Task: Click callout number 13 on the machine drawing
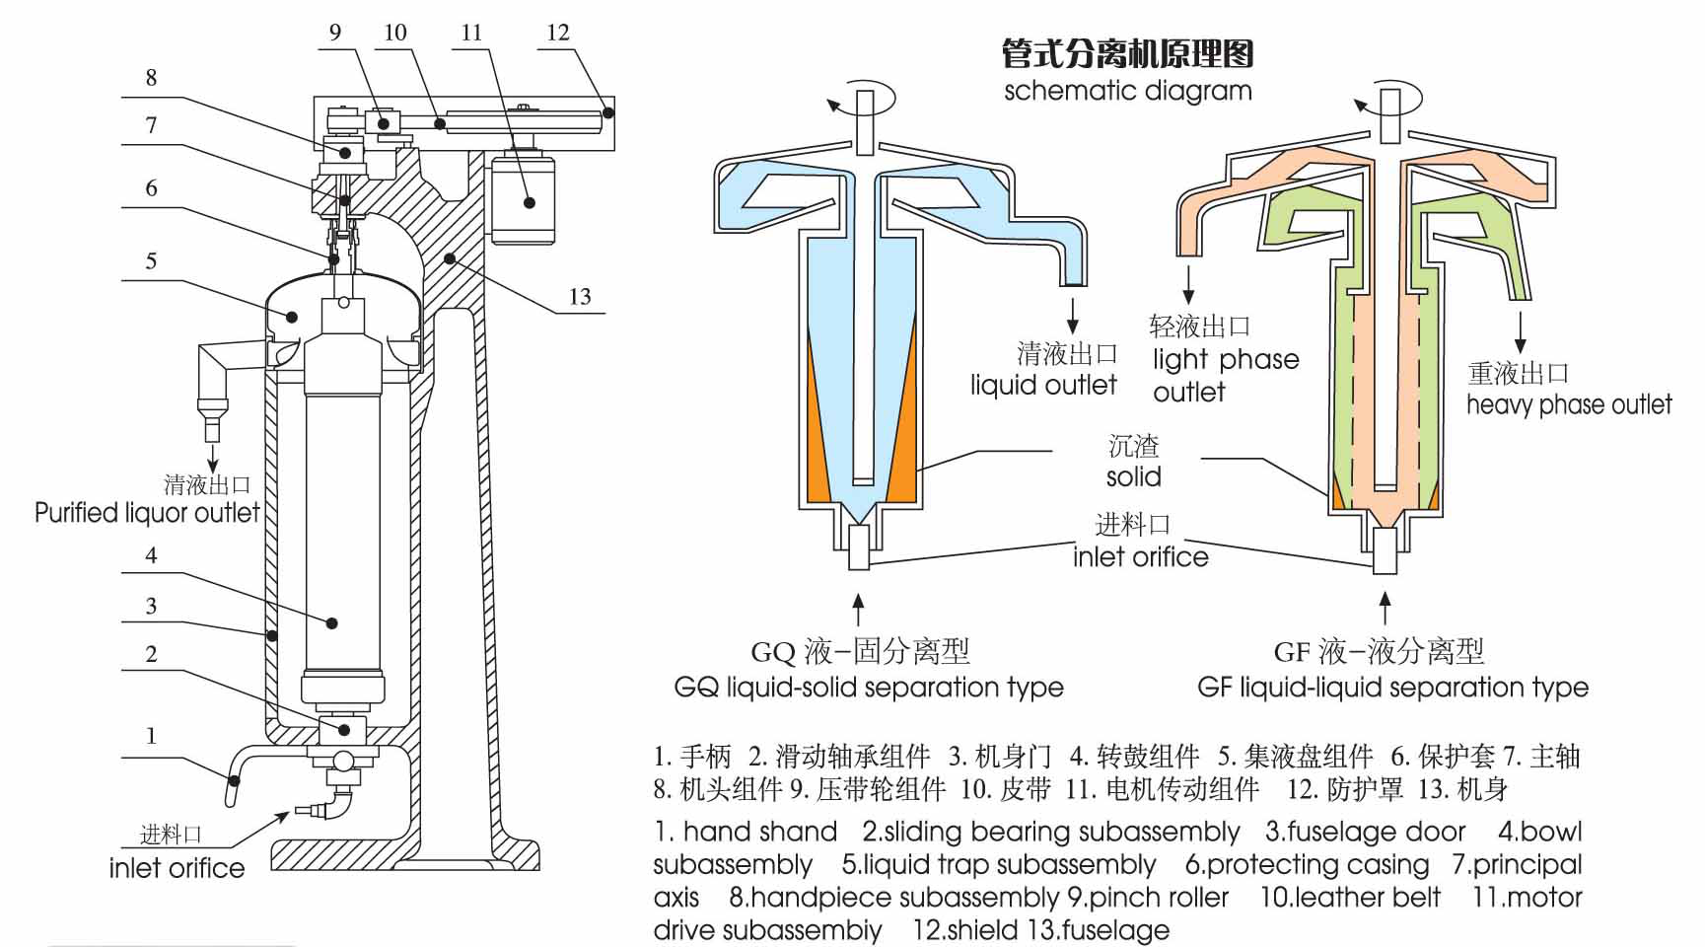coord(580,297)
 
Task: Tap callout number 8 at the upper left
coord(151,78)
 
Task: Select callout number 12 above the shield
coord(558,33)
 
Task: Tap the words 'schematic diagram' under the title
coord(1127,92)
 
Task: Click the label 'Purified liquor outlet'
coord(147,513)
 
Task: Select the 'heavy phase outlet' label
coord(1568,404)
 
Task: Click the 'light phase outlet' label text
coord(1225,374)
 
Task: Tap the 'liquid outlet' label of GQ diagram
coord(1043,385)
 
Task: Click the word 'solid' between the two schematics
coord(1133,477)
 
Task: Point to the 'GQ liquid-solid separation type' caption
coord(868,688)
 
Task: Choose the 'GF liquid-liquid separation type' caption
coord(1392,688)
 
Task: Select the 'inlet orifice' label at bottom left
coord(177,868)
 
